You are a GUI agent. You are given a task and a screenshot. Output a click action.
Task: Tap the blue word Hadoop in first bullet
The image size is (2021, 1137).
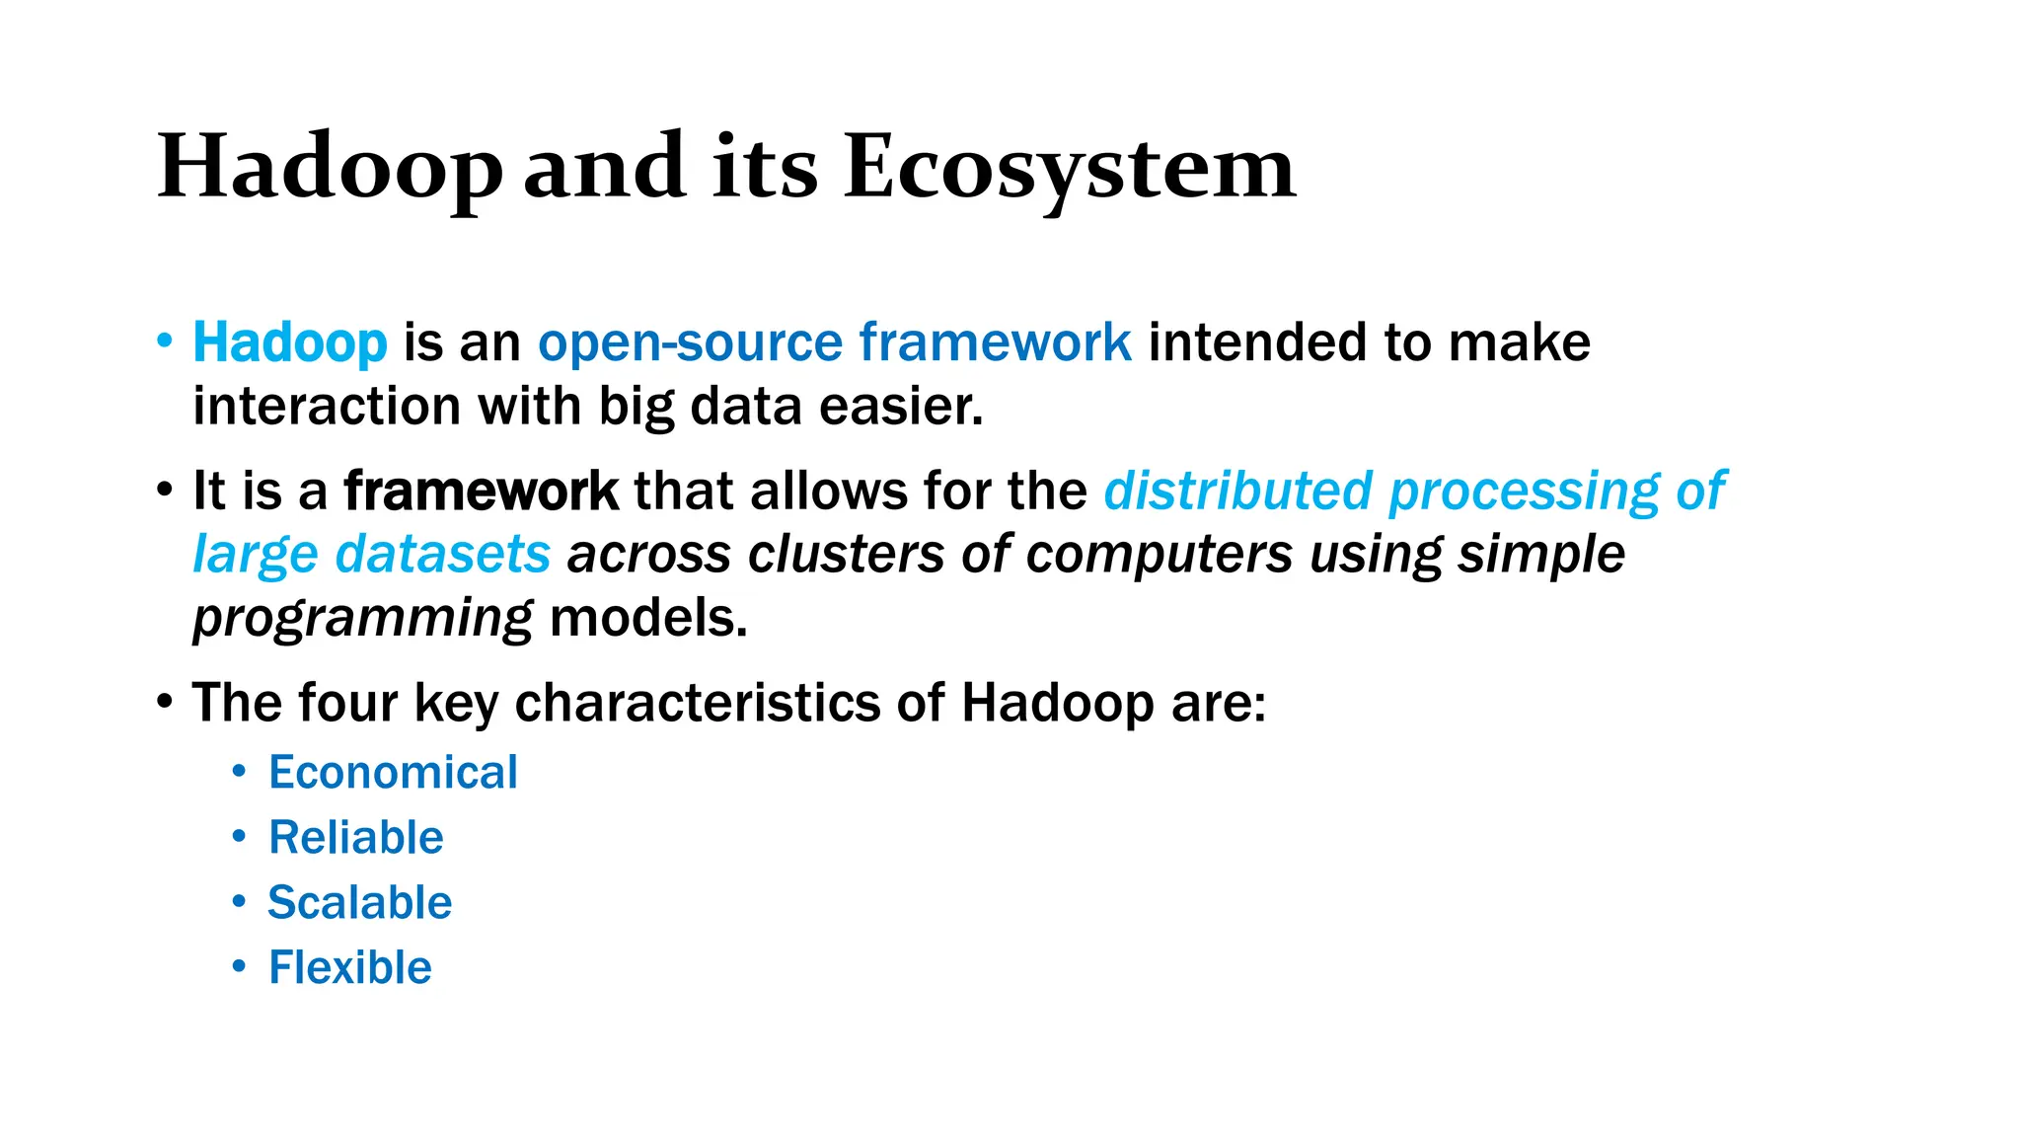pos(290,342)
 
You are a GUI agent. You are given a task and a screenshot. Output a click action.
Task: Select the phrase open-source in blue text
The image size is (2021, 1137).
pos(690,342)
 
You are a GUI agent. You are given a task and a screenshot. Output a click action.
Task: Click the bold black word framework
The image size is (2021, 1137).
pos(481,491)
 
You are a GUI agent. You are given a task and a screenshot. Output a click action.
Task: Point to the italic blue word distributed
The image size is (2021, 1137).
pos(1237,491)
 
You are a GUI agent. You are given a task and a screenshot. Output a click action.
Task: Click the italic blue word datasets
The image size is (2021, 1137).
pos(442,554)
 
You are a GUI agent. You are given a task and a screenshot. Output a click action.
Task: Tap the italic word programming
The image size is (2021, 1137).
pos(362,619)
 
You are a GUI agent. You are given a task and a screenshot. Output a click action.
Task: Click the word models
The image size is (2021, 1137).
pos(648,619)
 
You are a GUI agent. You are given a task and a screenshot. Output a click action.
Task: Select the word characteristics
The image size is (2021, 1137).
pos(697,703)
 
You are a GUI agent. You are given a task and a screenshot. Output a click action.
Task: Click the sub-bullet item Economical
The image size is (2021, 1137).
pos(393,772)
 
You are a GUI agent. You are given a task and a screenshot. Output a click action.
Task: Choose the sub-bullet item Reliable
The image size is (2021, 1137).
pos(356,837)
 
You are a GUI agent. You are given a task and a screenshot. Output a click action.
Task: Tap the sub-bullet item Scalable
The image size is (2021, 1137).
pos(360,902)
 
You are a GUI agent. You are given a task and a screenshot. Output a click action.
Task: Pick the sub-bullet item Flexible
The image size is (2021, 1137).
pos(350,967)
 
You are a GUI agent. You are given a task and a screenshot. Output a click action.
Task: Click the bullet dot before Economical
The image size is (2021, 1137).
pos(239,771)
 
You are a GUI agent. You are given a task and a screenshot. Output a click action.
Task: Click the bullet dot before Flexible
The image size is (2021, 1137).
pos(239,966)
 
